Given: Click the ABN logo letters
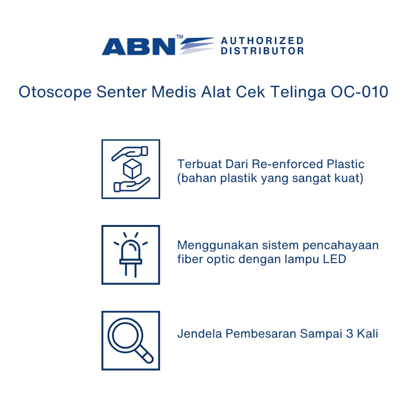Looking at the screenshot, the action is (x=139, y=47).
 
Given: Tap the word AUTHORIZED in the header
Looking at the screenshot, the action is (x=262, y=41).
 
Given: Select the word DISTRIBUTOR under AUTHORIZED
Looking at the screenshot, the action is (x=262, y=51).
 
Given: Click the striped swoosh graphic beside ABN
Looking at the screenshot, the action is (x=197, y=46).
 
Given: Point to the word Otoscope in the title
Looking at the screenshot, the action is (x=55, y=92).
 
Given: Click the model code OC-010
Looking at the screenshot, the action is (x=359, y=92).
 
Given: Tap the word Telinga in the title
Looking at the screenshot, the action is (x=298, y=92).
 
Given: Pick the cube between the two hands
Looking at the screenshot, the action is (x=132, y=169).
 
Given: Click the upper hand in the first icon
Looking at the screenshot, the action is (x=130, y=153).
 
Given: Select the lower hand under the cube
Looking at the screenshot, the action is (x=132, y=185).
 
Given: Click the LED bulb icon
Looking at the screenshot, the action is (x=131, y=255).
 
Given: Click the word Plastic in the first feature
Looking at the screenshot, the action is (x=345, y=164).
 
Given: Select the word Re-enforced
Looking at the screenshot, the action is (x=287, y=164).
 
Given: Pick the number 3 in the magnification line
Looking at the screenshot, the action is (x=349, y=334).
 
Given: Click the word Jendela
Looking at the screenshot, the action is (x=200, y=334).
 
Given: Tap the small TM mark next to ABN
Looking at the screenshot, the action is (x=180, y=37).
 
